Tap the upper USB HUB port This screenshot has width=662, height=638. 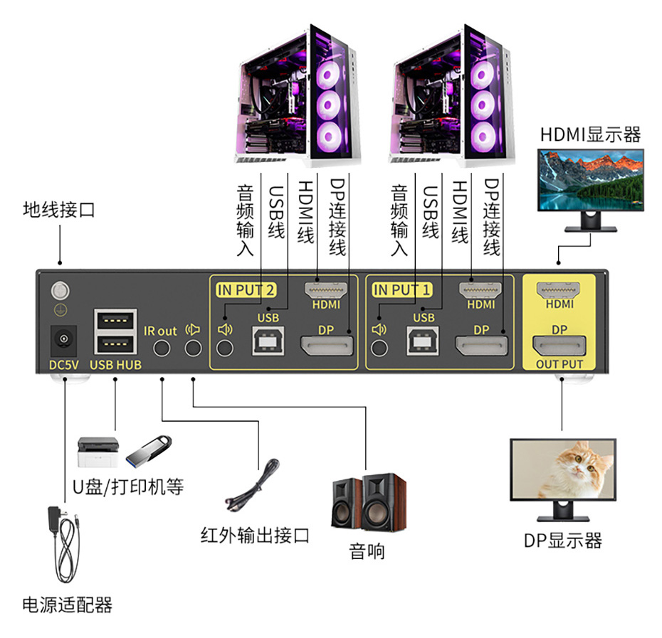[x=115, y=319]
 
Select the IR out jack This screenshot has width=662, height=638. [x=162, y=349]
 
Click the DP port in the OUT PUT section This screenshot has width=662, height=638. [x=559, y=348]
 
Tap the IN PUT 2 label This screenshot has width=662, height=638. [x=246, y=289]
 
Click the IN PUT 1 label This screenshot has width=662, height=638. [x=402, y=289]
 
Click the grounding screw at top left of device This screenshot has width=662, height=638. [x=61, y=290]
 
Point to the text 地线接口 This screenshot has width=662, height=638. [x=58, y=211]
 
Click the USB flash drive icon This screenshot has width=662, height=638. [x=149, y=450]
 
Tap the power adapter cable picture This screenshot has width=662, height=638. [x=63, y=544]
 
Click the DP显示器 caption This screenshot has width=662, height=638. [x=562, y=541]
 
